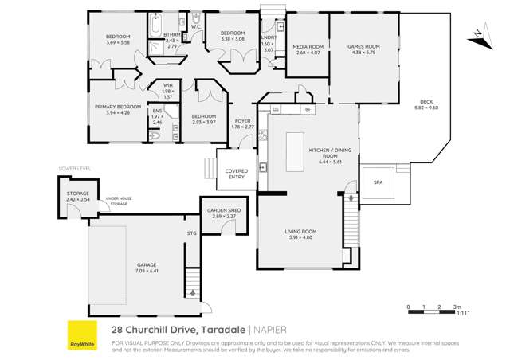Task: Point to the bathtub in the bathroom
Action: pos(155,22)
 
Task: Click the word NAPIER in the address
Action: pos(273,328)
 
